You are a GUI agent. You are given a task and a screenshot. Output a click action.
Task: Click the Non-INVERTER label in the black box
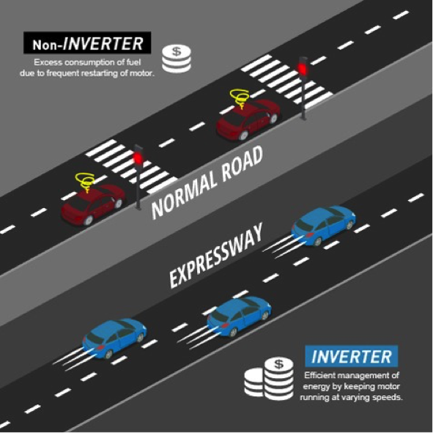tap(87, 42)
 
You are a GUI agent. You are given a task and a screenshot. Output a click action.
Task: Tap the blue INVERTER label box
tap(352, 356)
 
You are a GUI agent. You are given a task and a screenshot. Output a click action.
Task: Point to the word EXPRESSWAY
tap(216, 256)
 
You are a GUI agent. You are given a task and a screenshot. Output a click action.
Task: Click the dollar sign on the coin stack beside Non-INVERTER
tap(177, 51)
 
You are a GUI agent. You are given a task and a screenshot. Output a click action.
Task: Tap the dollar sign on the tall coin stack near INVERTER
tap(278, 364)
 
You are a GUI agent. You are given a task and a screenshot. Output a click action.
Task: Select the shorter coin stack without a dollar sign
tap(254, 382)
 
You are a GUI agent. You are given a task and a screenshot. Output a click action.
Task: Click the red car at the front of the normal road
tap(248, 119)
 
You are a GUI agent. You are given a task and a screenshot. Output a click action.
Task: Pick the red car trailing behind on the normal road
tap(93, 204)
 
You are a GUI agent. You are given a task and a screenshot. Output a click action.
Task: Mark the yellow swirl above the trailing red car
tap(85, 182)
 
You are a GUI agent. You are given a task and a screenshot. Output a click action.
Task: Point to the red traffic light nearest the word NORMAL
tap(138, 158)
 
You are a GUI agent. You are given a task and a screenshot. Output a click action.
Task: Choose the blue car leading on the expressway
tap(324, 225)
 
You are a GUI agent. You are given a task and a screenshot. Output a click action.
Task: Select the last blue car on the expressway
tap(114, 338)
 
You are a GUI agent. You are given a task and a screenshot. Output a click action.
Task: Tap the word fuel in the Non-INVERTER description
tap(134, 62)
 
